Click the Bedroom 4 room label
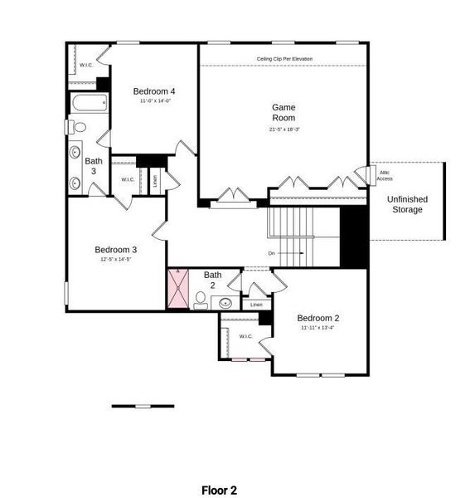click(x=154, y=90)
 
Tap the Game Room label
click(x=284, y=112)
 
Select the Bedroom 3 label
click(x=115, y=249)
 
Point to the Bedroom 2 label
click(x=318, y=318)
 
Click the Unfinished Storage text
click(x=407, y=204)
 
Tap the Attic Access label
click(x=385, y=175)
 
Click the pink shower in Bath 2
click(x=178, y=289)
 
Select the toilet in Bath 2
click(x=201, y=300)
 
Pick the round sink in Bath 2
click(x=225, y=303)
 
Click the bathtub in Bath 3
click(x=88, y=105)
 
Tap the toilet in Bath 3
click(x=77, y=127)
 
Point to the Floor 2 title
click(x=219, y=491)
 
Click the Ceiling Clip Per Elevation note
click(x=284, y=59)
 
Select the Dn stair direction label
click(x=271, y=253)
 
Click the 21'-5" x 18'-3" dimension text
click(x=284, y=129)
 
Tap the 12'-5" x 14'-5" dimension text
click(x=115, y=260)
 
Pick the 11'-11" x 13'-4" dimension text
click(x=318, y=328)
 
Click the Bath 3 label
click(x=94, y=166)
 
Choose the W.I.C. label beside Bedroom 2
click(x=245, y=336)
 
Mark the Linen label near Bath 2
click(x=256, y=305)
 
